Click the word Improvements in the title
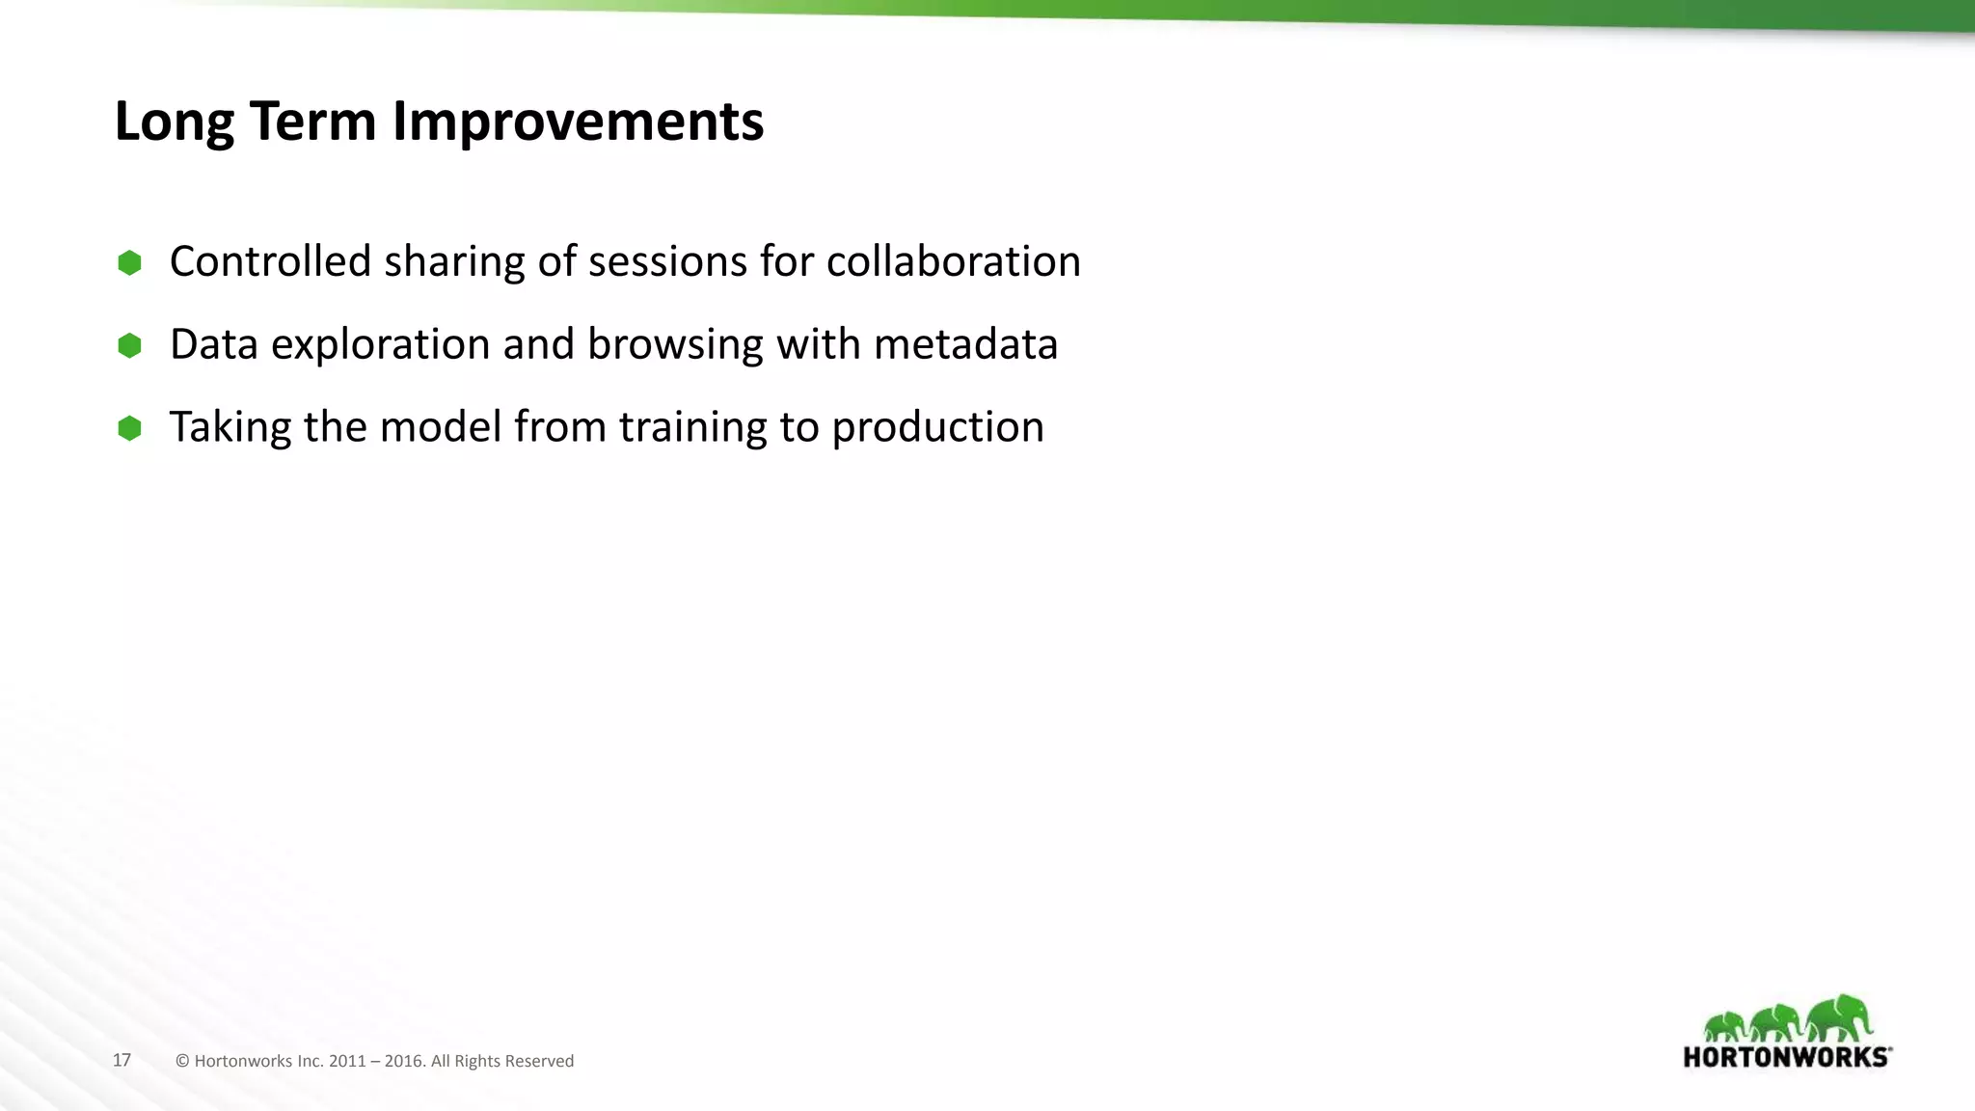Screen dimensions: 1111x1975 (x=578, y=122)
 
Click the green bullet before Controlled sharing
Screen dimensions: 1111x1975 (x=129, y=262)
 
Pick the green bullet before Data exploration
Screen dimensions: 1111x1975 (x=129, y=345)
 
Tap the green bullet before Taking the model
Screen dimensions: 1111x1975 (x=129, y=428)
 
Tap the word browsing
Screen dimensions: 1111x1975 (x=675, y=344)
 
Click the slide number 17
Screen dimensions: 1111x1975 (x=122, y=1060)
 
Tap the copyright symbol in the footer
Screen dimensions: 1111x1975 (x=182, y=1061)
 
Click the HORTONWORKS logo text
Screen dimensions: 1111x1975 (x=1786, y=1057)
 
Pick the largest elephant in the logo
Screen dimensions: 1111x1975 (x=1840, y=1018)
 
